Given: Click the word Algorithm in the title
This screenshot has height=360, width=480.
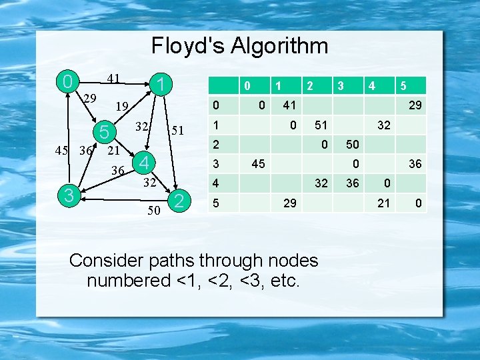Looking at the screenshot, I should pyautogui.click(x=279, y=46).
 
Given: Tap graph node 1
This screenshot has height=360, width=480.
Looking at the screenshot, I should pyautogui.click(x=160, y=84).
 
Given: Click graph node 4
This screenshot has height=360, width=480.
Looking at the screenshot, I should pyautogui.click(x=143, y=162).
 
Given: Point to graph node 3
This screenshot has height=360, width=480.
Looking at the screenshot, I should pyautogui.click(x=67, y=194).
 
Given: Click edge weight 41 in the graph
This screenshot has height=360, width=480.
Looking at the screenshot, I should pyautogui.click(x=113, y=79).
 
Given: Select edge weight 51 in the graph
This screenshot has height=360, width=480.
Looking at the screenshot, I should pyautogui.click(x=176, y=130).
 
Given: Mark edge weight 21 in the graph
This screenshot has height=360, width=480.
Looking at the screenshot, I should pyautogui.click(x=114, y=151).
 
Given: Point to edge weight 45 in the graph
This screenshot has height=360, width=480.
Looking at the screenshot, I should pyautogui.click(x=61, y=150).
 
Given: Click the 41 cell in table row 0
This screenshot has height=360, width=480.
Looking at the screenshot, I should pyautogui.click(x=289, y=105).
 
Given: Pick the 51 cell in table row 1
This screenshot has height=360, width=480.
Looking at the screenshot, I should pyautogui.click(x=321, y=125).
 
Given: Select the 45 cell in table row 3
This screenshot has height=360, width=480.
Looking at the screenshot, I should pyautogui.click(x=257, y=163).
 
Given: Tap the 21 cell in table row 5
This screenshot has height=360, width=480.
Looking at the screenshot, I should pyautogui.click(x=383, y=203).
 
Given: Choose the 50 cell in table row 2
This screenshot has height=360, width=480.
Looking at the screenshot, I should pyautogui.click(x=352, y=145).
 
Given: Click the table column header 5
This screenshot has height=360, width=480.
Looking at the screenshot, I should pyautogui.click(x=403, y=86).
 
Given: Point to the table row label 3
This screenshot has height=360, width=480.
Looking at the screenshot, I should pyautogui.click(x=215, y=163).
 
